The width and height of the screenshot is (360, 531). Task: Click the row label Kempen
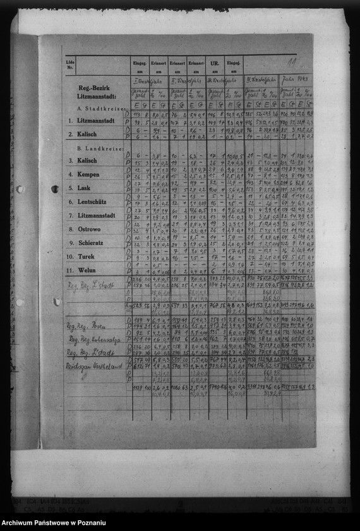[88, 174]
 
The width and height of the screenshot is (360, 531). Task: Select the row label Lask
[85, 188]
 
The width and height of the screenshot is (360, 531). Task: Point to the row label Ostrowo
[90, 229]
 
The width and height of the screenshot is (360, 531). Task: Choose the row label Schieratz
[92, 243]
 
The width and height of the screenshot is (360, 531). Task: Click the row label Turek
[86, 257]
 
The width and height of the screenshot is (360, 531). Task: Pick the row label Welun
[87, 271]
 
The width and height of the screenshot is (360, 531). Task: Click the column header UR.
[215, 64]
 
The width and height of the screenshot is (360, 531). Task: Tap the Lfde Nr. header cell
[70, 64]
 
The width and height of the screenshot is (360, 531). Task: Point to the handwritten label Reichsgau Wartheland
[95, 366]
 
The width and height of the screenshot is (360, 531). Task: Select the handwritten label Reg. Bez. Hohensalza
[94, 339]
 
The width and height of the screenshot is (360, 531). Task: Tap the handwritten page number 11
[291, 62]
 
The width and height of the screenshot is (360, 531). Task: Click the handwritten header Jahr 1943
[296, 80]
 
